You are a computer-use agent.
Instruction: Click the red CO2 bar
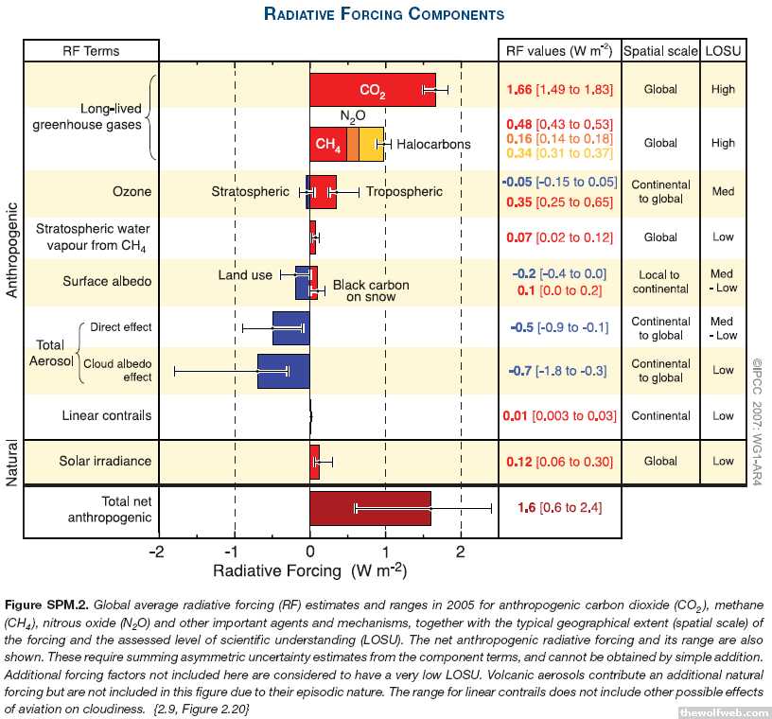point(373,90)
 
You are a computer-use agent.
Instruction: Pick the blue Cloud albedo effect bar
point(284,371)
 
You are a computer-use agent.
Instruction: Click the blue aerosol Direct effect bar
point(290,327)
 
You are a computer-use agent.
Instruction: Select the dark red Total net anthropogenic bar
point(370,508)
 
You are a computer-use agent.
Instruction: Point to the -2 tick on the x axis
point(159,552)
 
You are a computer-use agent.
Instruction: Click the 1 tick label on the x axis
point(386,552)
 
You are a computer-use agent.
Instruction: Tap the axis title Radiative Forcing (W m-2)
point(309,570)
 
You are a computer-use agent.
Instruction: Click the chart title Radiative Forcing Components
point(383,14)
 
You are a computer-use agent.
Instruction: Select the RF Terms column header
point(91,50)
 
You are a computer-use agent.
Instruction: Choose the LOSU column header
point(723,50)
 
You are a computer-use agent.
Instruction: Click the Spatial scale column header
point(659,50)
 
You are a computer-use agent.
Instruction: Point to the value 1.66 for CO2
point(519,90)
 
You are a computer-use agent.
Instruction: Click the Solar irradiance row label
point(106,462)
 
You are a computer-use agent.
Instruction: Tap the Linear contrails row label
point(106,415)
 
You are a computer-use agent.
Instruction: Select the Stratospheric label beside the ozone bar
point(250,192)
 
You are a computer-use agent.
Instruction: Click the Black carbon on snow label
point(371,290)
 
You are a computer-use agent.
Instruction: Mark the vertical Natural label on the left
point(12,462)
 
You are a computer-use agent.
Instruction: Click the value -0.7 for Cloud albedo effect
point(521,371)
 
